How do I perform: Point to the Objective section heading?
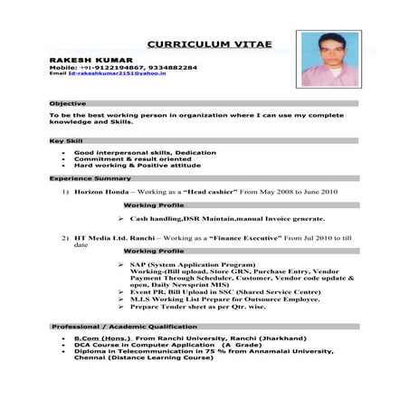(x=69, y=103)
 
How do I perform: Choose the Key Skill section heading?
(x=67, y=141)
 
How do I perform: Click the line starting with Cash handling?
(x=214, y=220)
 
